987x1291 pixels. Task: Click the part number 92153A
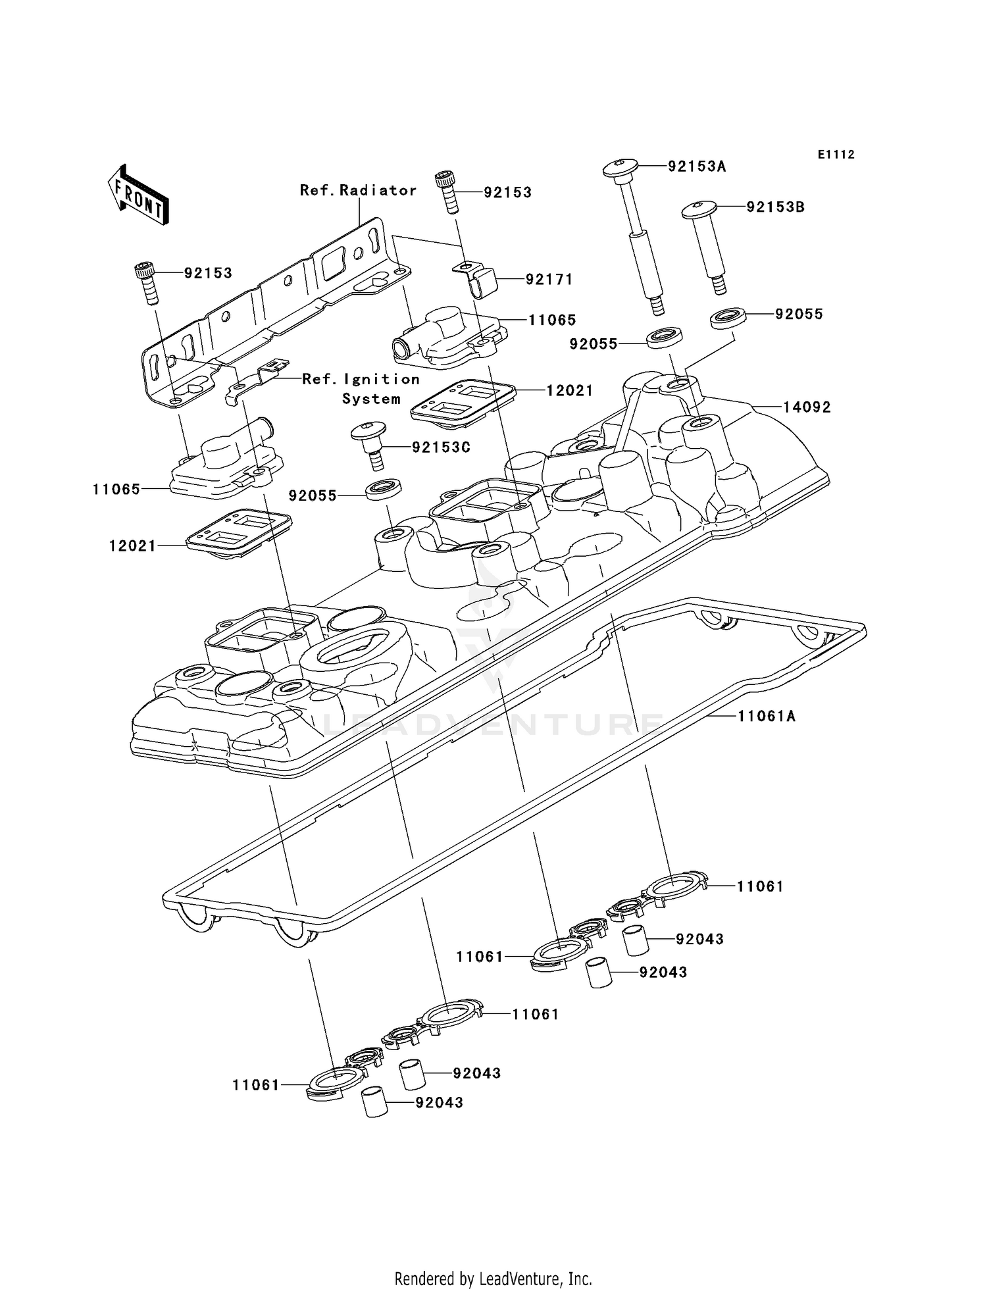click(x=696, y=166)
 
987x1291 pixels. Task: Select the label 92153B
click(x=775, y=207)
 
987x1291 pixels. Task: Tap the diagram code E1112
click(x=836, y=155)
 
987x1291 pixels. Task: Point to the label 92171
click(x=549, y=280)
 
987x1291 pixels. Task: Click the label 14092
click(x=807, y=407)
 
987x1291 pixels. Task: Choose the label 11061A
click(x=766, y=716)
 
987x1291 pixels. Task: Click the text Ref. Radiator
click(x=358, y=191)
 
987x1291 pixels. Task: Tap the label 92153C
click(x=441, y=447)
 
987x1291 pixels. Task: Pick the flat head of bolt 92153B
click(x=699, y=210)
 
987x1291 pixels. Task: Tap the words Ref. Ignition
click(x=361, y=380)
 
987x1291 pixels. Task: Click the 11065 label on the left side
click(x=116, y=490)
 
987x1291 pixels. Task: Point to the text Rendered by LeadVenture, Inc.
click(x=493, y=1278)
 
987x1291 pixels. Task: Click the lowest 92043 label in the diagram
click(x=439, y=1102)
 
